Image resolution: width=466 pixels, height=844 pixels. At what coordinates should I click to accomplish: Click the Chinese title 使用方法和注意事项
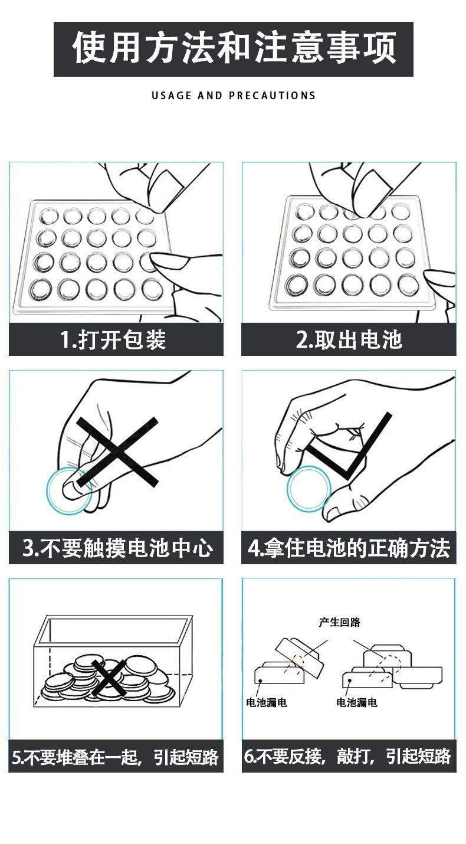tap(234, 48)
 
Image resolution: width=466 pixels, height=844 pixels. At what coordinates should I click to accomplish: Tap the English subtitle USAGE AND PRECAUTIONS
tap(234, 96)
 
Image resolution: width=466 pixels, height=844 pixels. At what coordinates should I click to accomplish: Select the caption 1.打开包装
tap(113, 339)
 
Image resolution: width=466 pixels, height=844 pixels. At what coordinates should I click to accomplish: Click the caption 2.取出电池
tap(349, 339)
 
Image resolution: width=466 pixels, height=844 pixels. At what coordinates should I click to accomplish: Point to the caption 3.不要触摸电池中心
tap(117, 548)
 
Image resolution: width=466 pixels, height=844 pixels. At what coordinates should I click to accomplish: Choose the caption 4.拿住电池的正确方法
tap(349, 548)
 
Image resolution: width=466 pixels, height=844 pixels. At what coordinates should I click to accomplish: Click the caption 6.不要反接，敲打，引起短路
tap(347, 756)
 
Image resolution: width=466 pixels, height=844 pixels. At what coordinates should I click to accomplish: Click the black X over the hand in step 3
tap(117, 452)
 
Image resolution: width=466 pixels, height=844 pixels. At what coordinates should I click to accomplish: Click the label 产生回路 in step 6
tap(339, 622)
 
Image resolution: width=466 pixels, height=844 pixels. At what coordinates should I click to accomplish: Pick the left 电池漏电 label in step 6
tap(267, 702)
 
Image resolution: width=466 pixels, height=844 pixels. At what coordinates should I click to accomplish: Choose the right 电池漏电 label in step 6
tap(356, 702)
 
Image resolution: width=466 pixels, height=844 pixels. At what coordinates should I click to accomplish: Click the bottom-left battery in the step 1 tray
tap(41, 289)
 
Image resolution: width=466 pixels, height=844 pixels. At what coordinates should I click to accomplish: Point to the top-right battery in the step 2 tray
tap(401, 211)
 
